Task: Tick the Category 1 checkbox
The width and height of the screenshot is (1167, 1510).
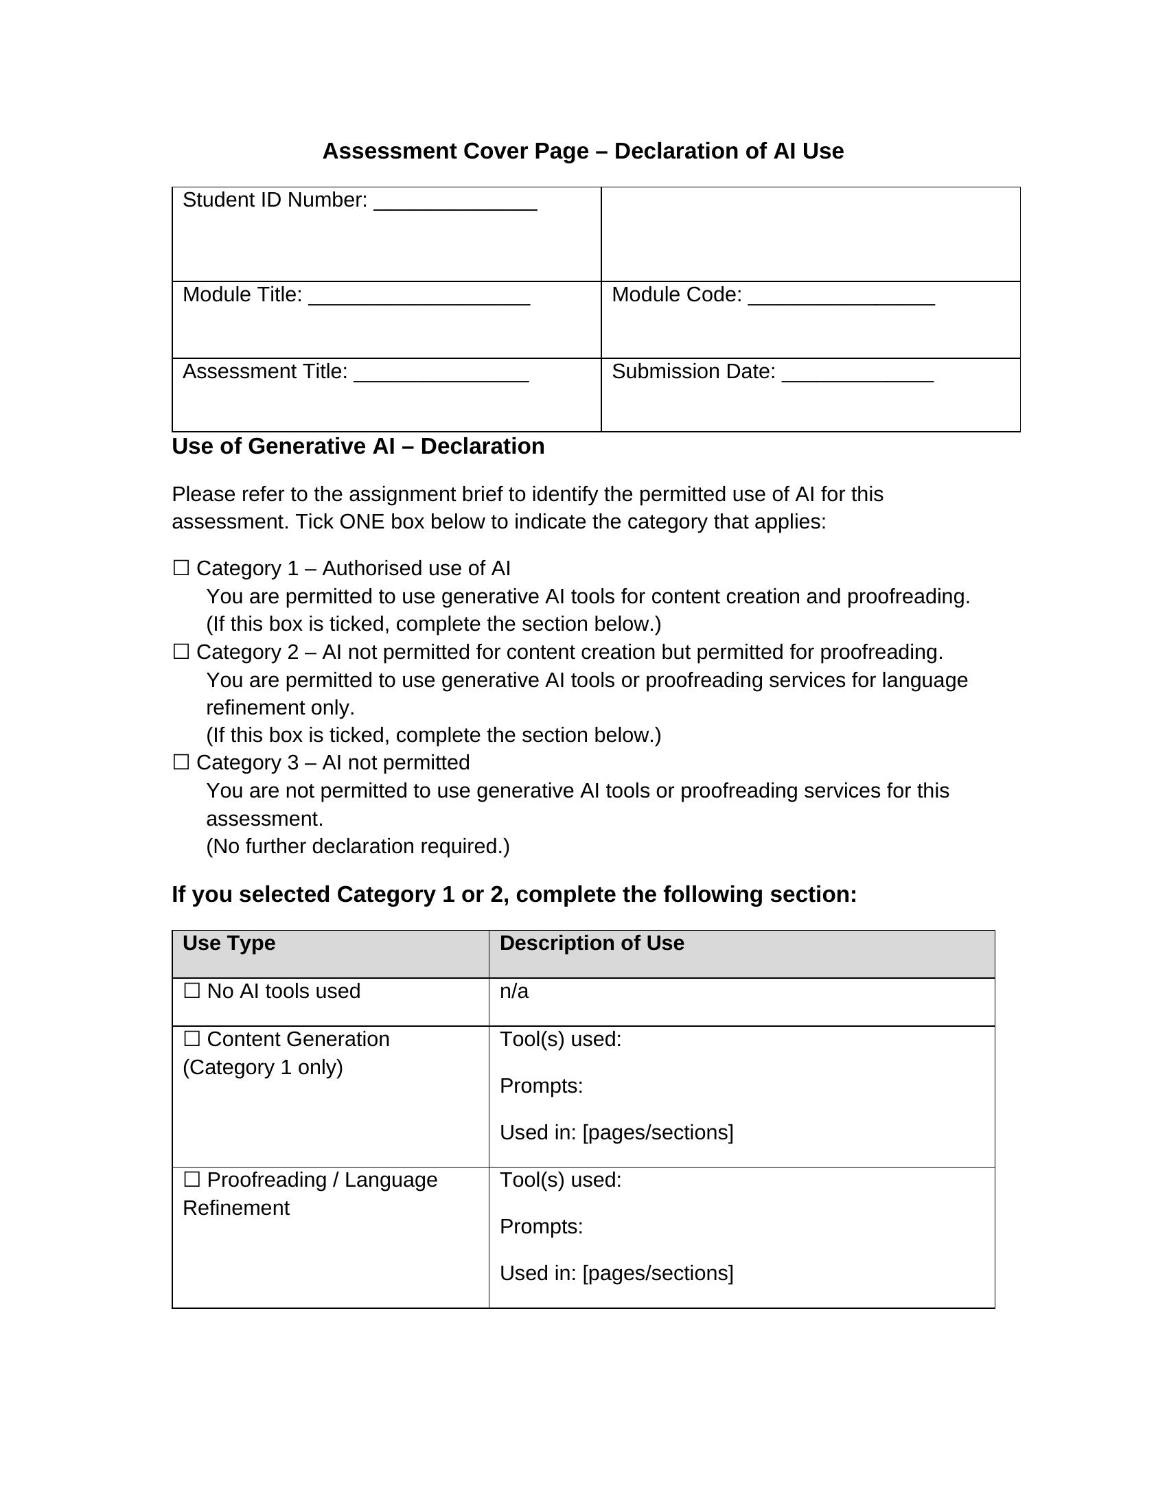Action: pyautogui.click(x=181, y=568)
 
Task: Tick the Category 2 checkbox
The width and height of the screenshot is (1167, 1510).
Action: pyautogui.click(x=181, y=651)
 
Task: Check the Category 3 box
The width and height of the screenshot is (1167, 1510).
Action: pyautogui.click(x=181, y=762)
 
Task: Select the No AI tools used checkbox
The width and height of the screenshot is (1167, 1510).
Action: pyautogui.click(x=192, y=990)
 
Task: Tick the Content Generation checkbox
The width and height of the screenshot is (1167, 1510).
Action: pyautogui.click(x=192, y=1038)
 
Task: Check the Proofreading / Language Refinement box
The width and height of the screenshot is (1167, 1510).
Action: pyautogui.click(x=192, y=1178)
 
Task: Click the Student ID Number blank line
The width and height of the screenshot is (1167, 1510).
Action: pyautogui.click(x=455, y=203)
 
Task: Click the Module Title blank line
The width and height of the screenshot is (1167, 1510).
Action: pyautogui.click(x=419, y=298)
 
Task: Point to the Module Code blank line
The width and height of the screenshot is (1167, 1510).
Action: pyautogui.click(x=841, y=298)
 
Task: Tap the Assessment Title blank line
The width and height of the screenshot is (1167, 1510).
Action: pyautogui.click(x=441, y=375)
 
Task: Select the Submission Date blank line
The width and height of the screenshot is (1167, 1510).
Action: pyautogui.click(x=857, y=375)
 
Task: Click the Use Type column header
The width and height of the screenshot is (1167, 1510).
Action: pyautogui.click(x=229, y=943)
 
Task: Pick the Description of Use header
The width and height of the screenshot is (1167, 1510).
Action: pyautogui.click(x=592, y=943)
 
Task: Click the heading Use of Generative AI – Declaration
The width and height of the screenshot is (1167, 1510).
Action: pyautogui.click(x=358, y=446)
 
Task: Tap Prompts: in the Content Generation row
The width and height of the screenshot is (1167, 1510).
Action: pyautogui.click(x=542, y=1086)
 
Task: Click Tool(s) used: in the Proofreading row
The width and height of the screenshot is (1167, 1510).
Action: pyautogui.click(x=561, y=1179)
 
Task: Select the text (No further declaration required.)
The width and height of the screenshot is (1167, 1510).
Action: pyautogui.click(x=358, y=846)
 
